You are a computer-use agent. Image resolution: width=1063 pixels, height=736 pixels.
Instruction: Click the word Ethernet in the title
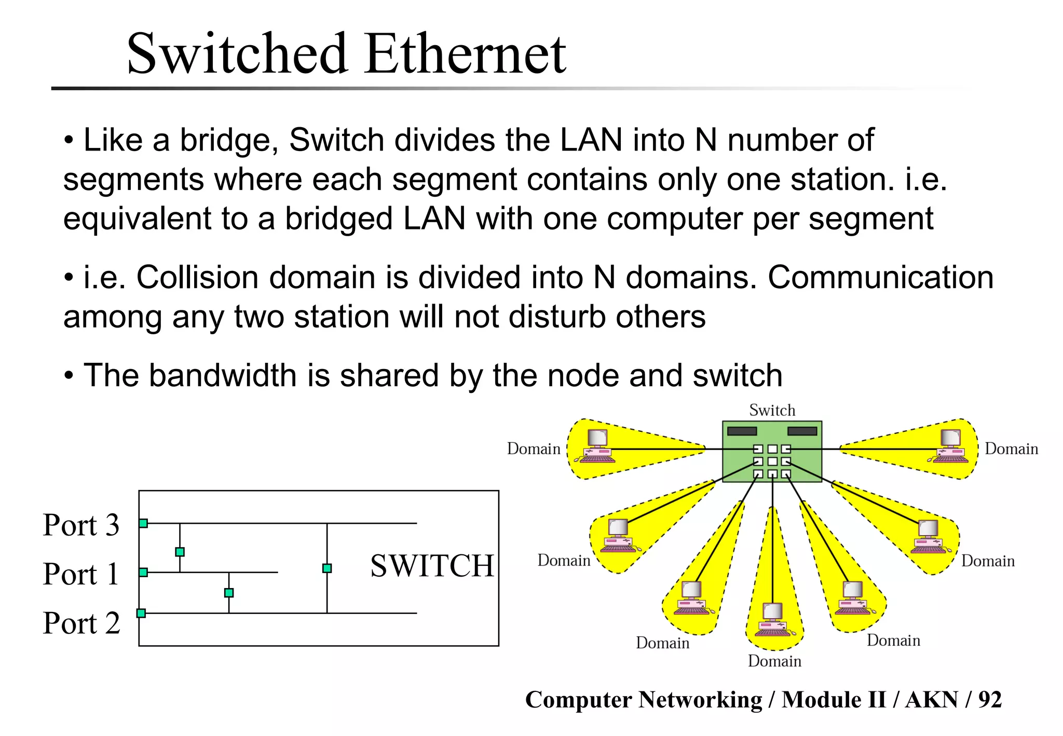coord(465,54)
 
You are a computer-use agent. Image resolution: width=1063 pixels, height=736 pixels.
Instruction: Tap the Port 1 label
coord(81,574)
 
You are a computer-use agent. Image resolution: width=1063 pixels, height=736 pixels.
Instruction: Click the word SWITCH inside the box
coord(432,566)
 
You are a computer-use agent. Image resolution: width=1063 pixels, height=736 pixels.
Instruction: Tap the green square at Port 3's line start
coord(143,523)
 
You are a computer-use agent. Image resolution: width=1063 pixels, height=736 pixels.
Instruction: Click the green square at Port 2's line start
coord(141,613)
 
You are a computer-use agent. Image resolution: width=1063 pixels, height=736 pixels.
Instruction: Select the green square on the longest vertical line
coord(327,568)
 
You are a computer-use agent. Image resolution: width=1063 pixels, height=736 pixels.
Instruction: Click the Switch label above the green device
coord(772,410)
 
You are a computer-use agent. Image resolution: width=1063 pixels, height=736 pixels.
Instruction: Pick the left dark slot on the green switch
coord(742,431)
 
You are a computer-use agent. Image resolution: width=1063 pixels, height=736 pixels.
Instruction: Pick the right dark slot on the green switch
coord(802,431)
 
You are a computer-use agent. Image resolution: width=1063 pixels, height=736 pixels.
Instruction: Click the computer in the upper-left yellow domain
coord(598,446)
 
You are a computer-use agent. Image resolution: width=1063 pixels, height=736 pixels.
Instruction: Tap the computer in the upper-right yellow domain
coord(950,446)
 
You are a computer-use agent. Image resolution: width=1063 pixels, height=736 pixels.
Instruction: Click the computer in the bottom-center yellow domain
coord(773,620)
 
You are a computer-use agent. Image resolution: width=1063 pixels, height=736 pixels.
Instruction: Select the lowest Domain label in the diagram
coord(774,661)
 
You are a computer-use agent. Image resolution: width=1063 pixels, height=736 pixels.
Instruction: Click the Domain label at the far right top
coord(1011,448)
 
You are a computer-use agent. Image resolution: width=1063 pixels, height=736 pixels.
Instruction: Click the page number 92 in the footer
coord(990,700)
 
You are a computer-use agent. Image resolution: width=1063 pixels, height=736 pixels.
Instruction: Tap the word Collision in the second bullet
coord(197,278)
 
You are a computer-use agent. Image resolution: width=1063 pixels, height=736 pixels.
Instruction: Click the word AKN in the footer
coord(931,700)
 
